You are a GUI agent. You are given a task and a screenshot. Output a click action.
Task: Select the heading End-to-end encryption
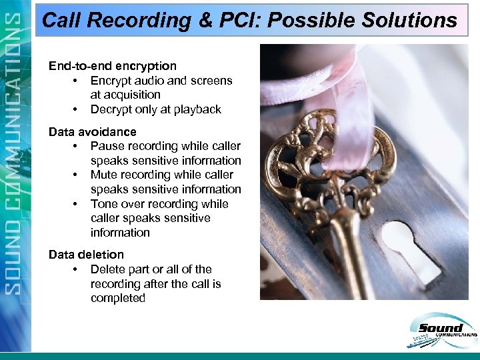113,66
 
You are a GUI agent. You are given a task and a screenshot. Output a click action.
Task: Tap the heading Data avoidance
93,132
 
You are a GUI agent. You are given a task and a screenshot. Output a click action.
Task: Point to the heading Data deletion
86,255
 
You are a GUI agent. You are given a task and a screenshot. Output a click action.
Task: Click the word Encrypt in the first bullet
111,81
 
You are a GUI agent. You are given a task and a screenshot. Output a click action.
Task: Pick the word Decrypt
111,109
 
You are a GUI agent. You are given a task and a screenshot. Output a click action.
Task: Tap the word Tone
105,204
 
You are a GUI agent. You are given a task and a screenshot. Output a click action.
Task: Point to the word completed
118,298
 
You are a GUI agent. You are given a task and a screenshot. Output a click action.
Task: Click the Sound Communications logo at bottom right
440,333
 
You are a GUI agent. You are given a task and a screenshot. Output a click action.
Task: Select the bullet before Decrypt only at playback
76,109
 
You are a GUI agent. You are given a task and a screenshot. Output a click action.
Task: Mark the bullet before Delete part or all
76,269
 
